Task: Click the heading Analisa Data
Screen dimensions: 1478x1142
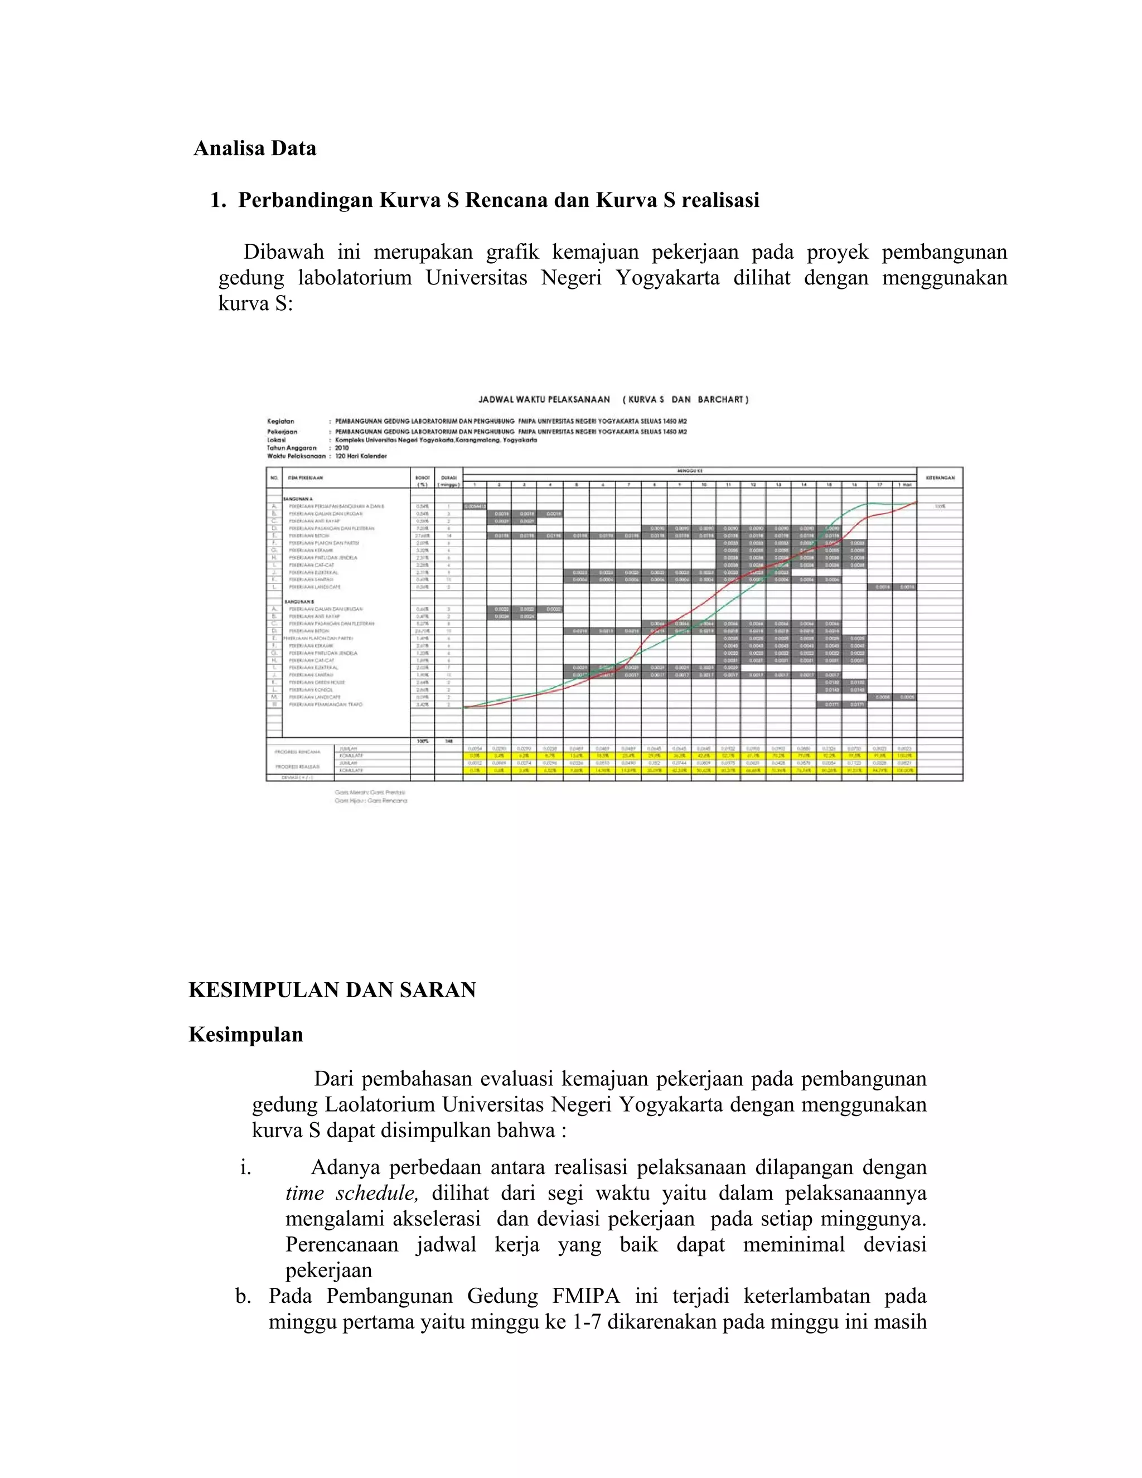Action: click(x=254, y=148)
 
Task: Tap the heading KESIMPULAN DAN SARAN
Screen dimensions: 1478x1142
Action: click(x=332, y=990)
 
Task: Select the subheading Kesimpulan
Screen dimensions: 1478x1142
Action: click(x=245, y=1035)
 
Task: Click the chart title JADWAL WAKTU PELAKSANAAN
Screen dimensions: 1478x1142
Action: click(x=545, y=399)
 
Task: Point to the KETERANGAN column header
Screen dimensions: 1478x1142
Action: click(x=939, y=478)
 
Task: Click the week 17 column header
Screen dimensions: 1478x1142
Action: click(x=879, y=485)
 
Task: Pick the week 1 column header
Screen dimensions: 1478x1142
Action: click(x=475, y=485)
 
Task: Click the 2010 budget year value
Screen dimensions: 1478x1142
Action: click(x=342, y=448)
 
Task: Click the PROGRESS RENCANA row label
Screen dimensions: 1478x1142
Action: click(x=297, y=752)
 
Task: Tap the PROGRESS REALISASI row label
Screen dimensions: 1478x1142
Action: click(x=297, y=766)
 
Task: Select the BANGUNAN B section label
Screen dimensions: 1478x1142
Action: click(x=299, y=601)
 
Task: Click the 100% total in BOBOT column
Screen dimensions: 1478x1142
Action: click(x=422, y=741)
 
